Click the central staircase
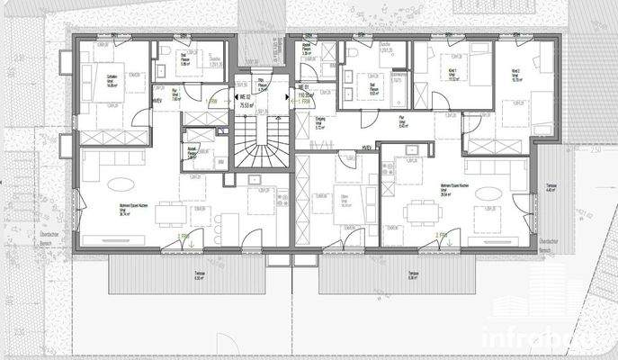(258, 144)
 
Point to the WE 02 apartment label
(244, 96)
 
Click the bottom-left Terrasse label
(200, 276)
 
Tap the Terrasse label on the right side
(551, 187)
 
